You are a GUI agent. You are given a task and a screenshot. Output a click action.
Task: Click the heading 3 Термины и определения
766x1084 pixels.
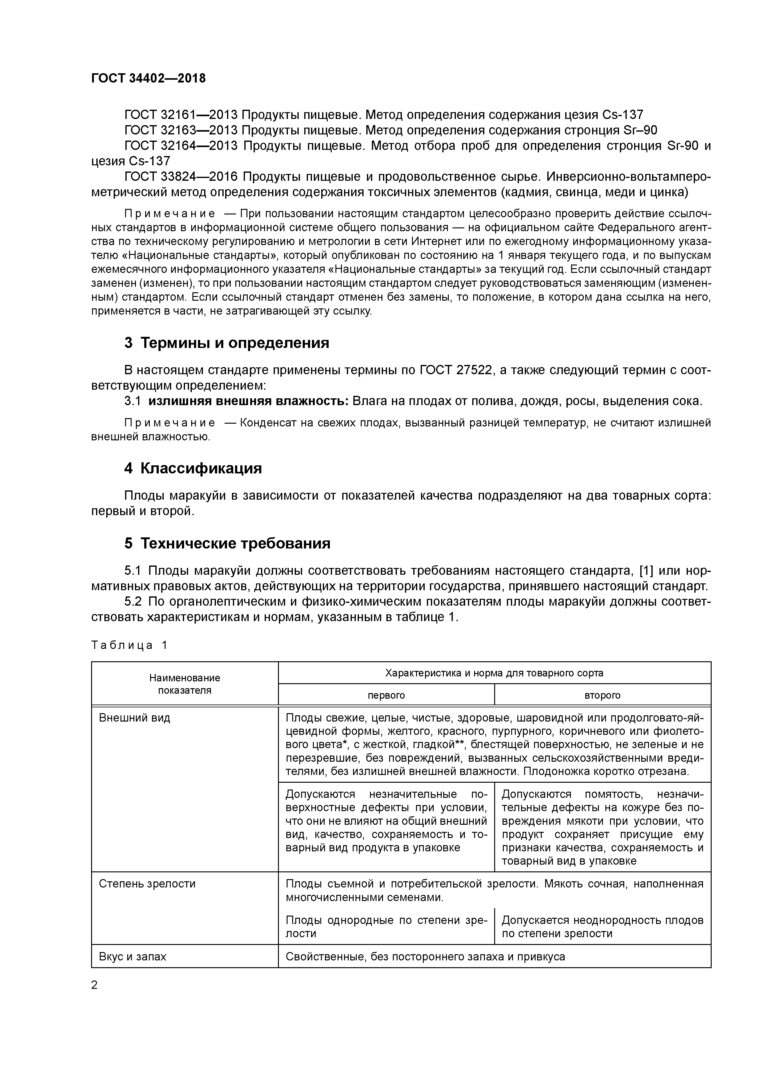[226, 343]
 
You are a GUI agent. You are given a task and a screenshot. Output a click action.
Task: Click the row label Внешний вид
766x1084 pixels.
[134, 718]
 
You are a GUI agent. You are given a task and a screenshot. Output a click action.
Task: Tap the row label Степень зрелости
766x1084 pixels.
[147, 884]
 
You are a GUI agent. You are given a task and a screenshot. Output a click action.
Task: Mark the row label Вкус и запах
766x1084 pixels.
[133, 956]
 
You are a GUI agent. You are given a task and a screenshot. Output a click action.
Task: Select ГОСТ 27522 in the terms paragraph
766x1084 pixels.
[457, 370]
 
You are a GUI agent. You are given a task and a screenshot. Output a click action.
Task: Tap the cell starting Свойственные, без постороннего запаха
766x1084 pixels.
[425, 956]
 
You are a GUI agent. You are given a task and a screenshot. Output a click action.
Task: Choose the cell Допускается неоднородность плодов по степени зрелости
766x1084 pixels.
[602, 927]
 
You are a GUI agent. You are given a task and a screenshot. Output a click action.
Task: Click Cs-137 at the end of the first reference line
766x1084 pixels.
[622, 115]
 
